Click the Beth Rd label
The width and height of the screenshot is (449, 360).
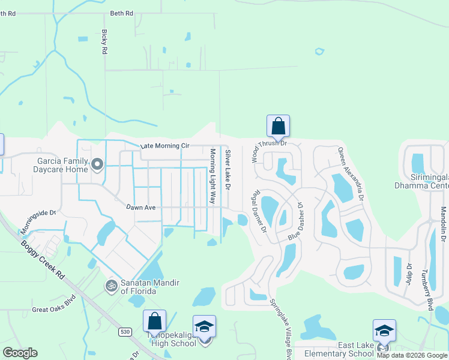pos(121,13)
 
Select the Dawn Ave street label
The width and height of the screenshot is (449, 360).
pos(141,208)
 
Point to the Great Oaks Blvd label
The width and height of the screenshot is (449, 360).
pos(54,305)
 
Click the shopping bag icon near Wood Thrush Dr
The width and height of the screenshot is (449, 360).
pos(278,126)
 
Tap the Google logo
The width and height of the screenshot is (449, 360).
pos(20,353)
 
